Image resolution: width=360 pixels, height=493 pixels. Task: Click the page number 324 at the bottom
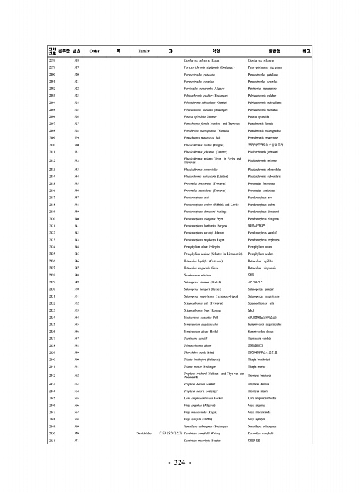tap(180, 463)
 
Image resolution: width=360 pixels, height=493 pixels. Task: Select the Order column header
tap(94, 51)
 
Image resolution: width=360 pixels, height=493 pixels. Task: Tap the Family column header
tap(143, 51)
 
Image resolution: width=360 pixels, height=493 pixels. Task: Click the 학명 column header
tap(216, 51)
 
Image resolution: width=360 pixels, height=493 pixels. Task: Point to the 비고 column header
tap(305, 51)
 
